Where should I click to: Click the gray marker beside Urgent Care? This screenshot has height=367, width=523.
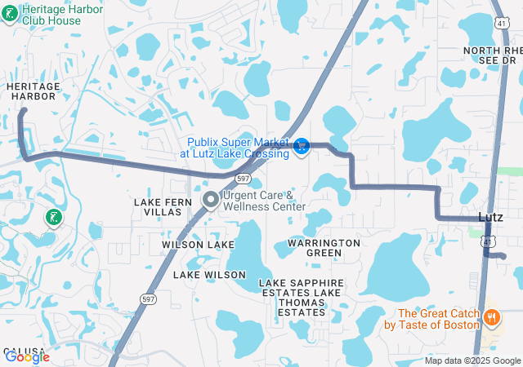pos(210,200)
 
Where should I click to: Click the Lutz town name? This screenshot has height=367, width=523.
pos(489,217)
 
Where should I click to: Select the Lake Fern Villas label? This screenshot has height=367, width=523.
pos(163,206)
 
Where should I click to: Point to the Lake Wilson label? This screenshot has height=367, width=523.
pos(209,275)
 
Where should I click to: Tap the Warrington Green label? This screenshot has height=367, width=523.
pos(324,248)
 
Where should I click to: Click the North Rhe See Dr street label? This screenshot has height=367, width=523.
pos(490,55)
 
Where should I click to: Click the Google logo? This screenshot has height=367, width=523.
pos(26,356)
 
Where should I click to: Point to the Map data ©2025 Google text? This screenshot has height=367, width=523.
pos(472,360)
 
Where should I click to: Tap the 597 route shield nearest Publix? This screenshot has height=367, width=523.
pos(243,179)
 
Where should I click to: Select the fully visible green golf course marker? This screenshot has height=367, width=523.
pos(53,218)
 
